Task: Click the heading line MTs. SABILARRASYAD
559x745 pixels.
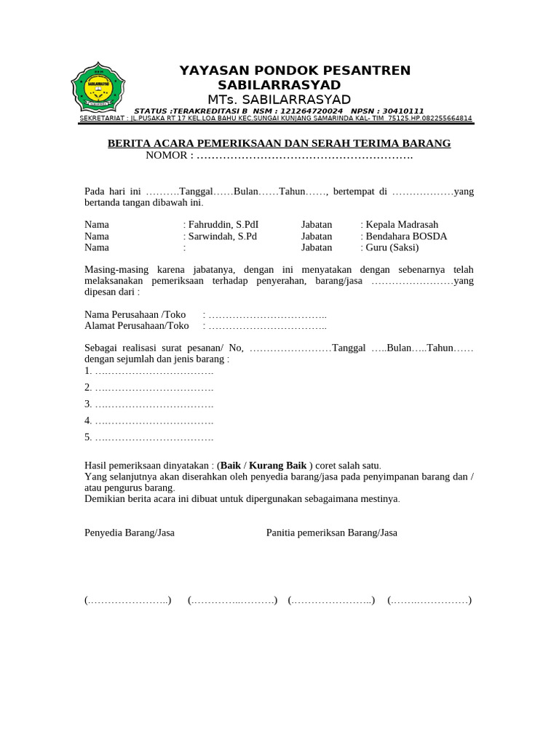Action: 279,100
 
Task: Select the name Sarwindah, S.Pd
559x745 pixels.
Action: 222,236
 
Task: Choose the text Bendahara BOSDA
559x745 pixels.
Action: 405,236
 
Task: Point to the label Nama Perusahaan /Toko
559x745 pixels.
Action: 135,314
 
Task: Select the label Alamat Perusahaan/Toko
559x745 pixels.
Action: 136,326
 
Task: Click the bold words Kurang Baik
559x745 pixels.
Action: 278,466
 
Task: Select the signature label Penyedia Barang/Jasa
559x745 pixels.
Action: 130,533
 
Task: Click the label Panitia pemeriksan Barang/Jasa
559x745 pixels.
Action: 332,533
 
